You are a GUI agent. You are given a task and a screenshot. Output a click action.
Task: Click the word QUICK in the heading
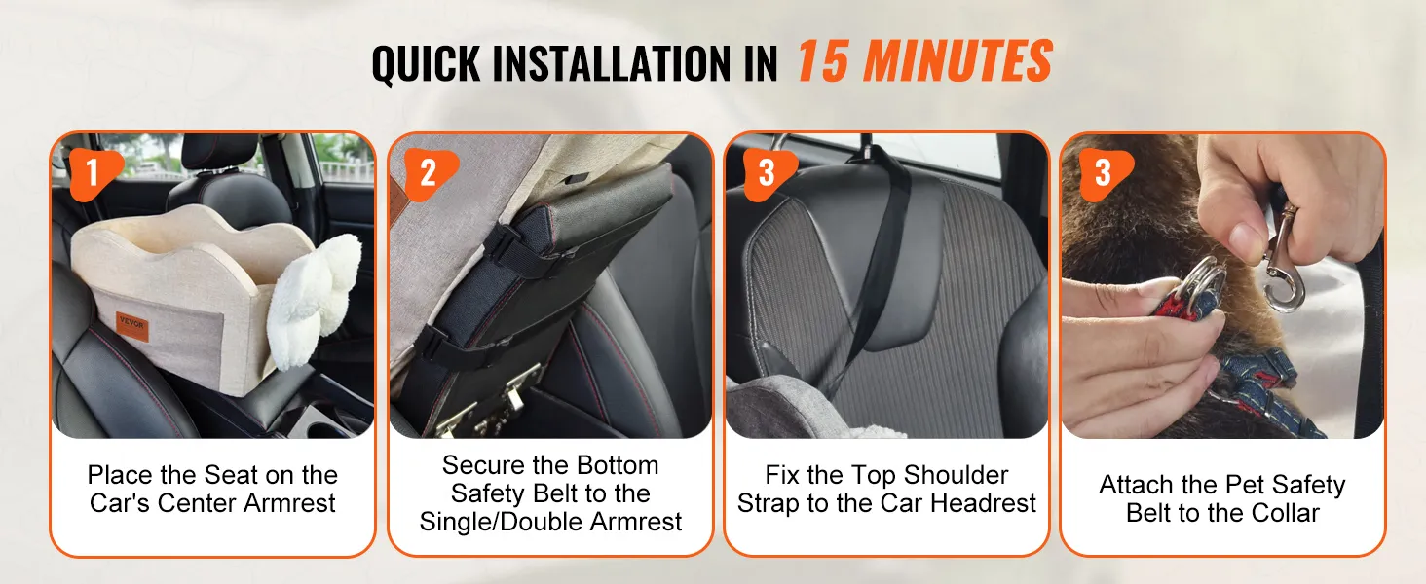[x=426, y=63]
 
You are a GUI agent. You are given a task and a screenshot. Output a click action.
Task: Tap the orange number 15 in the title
[x=822, y=60]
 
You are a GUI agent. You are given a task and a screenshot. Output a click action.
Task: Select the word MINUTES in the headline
[x=958, y=60]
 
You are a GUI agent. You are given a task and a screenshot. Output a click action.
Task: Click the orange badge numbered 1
[x=94, y=173]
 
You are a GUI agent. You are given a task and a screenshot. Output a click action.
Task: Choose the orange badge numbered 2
[x=430, y=173]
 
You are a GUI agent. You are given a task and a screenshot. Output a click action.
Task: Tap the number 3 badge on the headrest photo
[x=768, y=173]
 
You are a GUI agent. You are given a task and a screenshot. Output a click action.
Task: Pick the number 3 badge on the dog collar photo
[x=1104, y=173]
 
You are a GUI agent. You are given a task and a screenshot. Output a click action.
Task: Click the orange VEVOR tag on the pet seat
[x=132, y=326]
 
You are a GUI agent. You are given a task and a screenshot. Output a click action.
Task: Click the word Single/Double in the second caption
[x=501, y=523]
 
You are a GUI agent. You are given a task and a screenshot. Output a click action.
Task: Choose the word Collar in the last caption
[x=1286, y=513]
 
